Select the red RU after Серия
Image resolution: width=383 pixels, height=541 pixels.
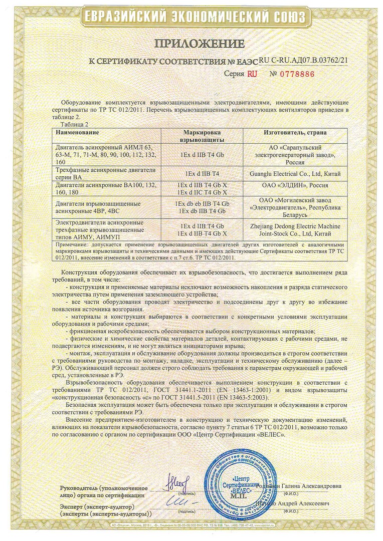[x=253, y=73]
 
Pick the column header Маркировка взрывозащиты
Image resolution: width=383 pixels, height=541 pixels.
[x=202, y=136]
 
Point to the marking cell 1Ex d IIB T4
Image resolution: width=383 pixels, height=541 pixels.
[x=202, y=173]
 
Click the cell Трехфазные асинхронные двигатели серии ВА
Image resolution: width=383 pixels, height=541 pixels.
[x=106, y=173]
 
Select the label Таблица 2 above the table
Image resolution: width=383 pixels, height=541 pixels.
[x=74, y=124]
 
